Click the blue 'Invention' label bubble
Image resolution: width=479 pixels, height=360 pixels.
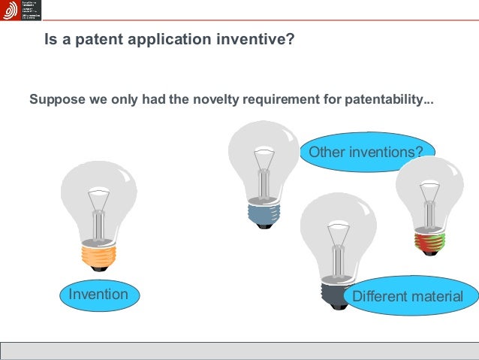(x=98, y=294)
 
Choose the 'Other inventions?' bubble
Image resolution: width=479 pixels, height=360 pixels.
(x=366, y=153)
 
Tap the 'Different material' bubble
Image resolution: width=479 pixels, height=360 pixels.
(x=408, y=296)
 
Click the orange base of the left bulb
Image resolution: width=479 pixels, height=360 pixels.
(x=98, y=256)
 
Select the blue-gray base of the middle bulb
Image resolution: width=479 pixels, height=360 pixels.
(x=264, y=213)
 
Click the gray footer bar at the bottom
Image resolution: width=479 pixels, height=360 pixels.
(x=239, y=351)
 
